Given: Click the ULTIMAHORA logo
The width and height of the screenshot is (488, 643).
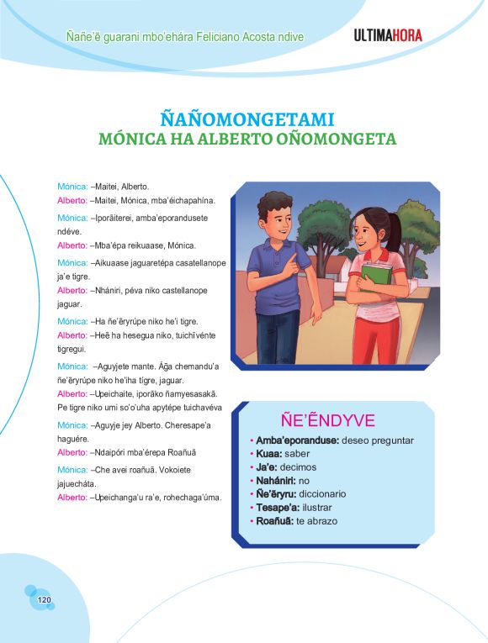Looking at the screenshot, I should [388, 36].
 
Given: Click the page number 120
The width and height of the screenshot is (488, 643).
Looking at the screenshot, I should [45, 599].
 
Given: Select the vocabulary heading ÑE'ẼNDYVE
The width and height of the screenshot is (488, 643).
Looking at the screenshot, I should [327, 421].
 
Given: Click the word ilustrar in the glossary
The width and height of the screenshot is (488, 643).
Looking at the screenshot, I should [324, 508].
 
